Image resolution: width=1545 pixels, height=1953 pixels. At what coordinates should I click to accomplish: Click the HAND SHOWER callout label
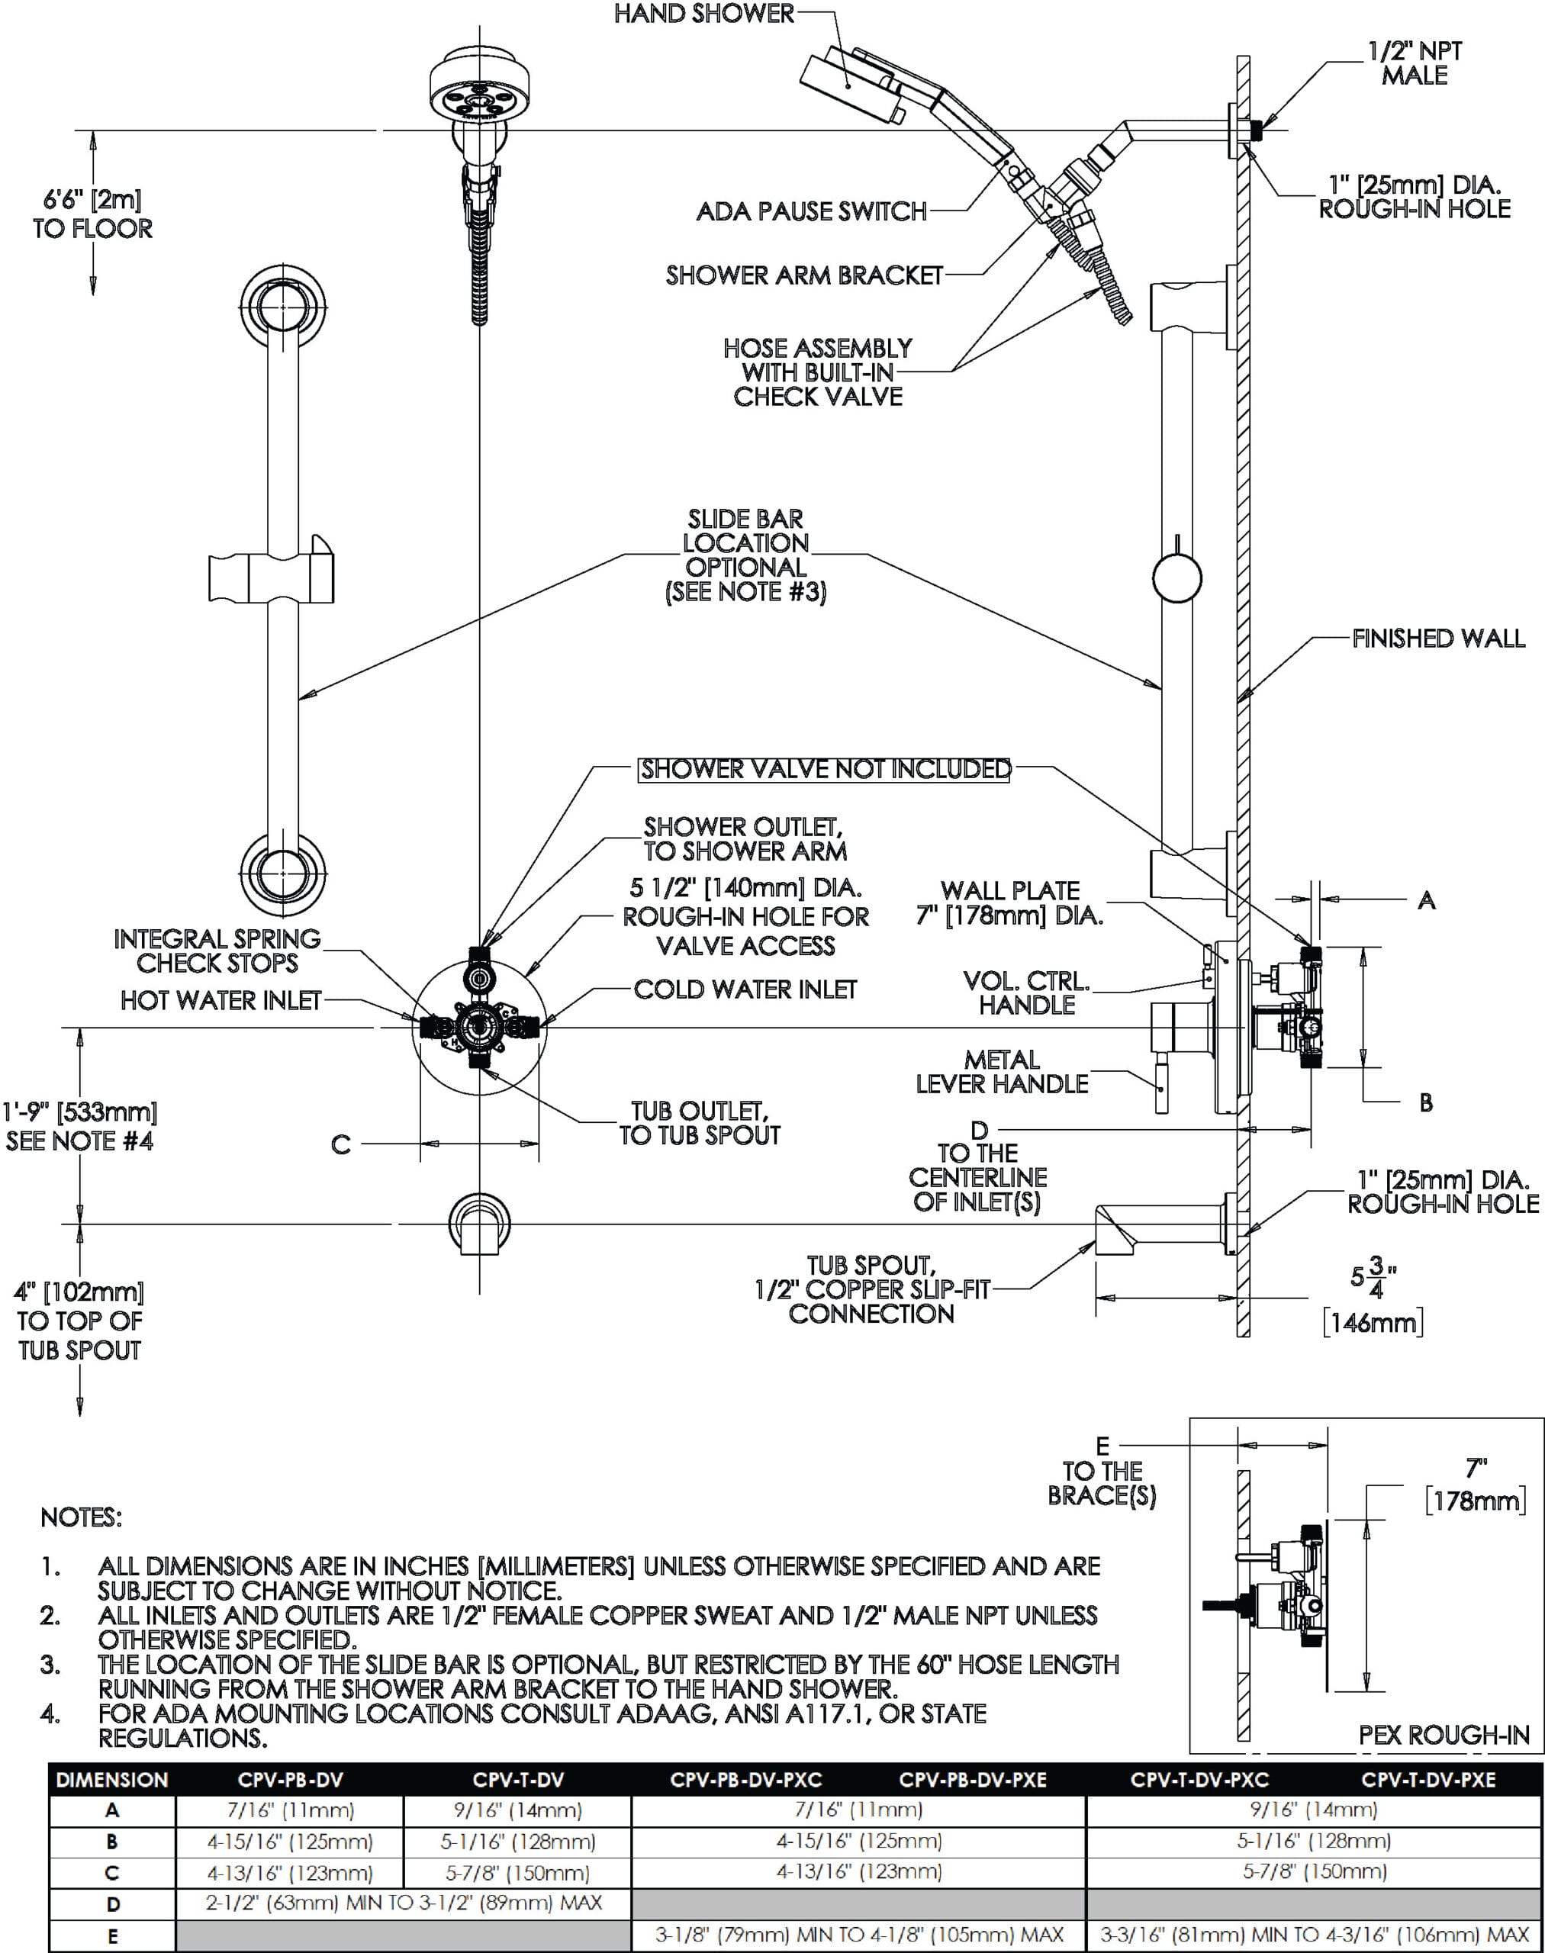703,14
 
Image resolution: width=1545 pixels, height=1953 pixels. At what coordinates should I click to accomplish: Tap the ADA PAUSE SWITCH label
811,211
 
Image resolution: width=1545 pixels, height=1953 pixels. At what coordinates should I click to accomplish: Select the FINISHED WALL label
1438,639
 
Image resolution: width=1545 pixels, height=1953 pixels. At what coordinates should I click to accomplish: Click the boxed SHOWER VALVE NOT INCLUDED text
825,770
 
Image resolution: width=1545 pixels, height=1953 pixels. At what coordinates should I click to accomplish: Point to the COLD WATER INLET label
745,989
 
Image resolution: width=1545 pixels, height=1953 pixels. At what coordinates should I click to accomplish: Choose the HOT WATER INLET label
220,1000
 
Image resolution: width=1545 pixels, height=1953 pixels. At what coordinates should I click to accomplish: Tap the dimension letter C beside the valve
340,1145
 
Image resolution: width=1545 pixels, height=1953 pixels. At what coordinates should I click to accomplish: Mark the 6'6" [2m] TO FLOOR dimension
92,214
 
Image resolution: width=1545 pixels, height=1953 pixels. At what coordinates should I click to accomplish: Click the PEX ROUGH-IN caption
1444,1735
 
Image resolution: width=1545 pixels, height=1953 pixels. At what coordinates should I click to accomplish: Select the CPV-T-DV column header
517,1781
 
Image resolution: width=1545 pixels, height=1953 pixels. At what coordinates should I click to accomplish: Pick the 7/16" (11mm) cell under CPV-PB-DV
288,1810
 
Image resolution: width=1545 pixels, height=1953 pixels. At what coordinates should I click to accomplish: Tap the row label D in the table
112,1904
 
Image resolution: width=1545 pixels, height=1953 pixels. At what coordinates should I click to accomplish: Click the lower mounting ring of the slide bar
284,872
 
